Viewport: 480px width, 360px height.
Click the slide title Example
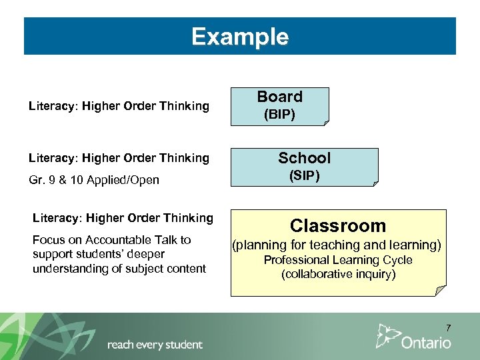pos(240,37)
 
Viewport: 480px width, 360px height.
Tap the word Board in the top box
pos(280,97)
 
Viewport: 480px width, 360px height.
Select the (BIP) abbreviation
pos(280,115)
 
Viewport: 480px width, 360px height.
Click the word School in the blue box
pos(304,158)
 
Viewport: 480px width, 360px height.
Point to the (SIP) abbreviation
pos(304,176)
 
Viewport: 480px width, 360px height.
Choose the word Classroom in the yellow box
pos(338,225)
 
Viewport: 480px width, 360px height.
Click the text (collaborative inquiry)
pos(338,274)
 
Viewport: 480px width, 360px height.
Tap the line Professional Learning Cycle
pos(338,260)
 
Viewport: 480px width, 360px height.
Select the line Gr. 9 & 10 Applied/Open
pos(94,180)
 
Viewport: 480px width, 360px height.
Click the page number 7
pos(448,328)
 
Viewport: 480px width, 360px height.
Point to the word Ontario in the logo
pos(426,343)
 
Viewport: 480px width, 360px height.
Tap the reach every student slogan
pos(155,345)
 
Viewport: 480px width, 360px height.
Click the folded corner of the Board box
pos(325,122)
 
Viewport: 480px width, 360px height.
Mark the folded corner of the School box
pos(374,182)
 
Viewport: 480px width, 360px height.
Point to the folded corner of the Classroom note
pos(441,291)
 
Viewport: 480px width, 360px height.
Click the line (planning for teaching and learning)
pos(336,245)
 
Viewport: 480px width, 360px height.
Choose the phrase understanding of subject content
pos(119,269)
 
